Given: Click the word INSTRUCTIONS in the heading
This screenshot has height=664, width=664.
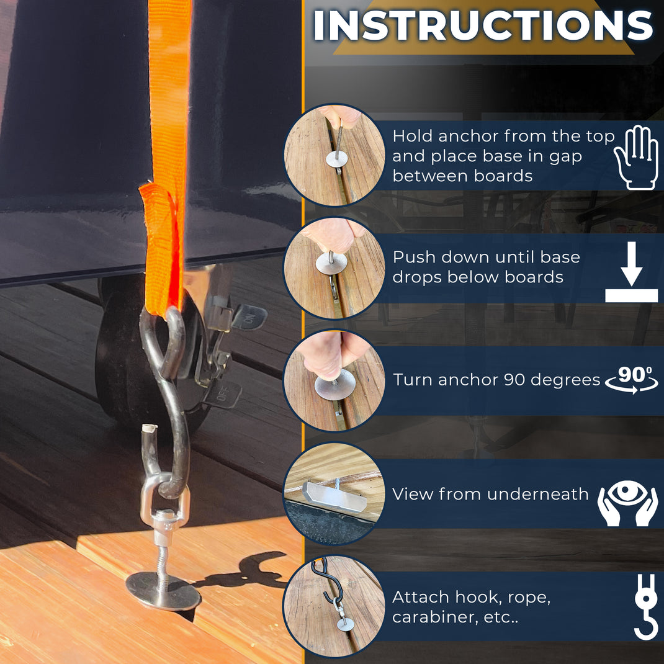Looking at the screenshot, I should [x=483, y=26].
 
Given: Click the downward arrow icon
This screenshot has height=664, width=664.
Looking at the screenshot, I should [x=631, y=272].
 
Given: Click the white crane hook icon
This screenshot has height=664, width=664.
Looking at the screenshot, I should [x=645, y=607].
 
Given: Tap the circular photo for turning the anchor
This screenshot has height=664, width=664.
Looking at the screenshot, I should [x=335, y=380].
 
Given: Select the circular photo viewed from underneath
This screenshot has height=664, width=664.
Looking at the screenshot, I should [x=335, y=493].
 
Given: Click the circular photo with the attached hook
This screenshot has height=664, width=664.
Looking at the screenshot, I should [x=335, y=606].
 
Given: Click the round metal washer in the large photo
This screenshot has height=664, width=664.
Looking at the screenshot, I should [x=163, y=591].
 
